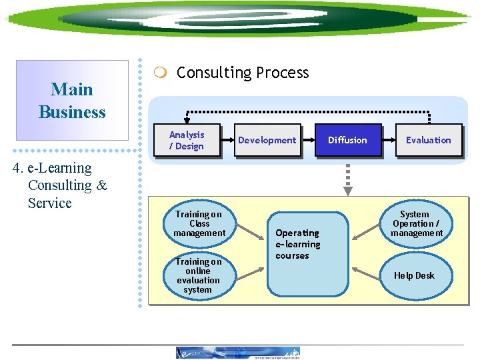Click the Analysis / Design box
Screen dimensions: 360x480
(187, 140)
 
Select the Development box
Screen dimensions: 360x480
(267, 140)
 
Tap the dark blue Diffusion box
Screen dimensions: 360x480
(347, 140)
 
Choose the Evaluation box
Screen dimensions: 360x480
(428, 140)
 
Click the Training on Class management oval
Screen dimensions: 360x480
(199, 224)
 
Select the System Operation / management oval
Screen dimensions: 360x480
(416, 224)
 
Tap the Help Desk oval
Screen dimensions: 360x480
(414, 275)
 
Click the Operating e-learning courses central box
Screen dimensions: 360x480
(307, 253)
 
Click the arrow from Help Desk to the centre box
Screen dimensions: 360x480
(370, 272)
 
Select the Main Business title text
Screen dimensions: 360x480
(72, 101)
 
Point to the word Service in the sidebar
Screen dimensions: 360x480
(49, 203)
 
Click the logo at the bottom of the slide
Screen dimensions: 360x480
(238, 353)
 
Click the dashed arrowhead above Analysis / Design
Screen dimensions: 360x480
(187, 118)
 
